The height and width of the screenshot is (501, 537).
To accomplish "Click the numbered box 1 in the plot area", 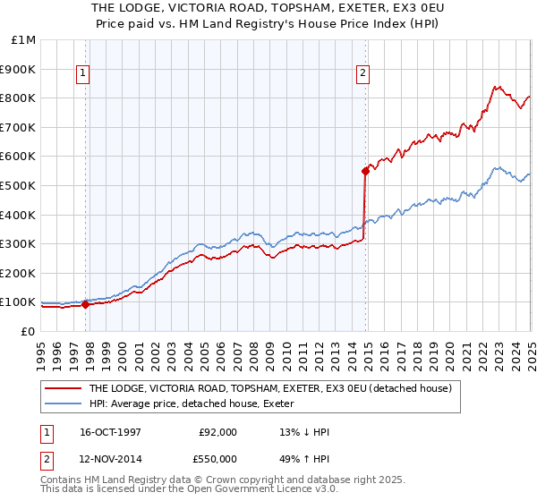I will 82,74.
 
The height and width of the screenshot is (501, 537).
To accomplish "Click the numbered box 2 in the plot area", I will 363,74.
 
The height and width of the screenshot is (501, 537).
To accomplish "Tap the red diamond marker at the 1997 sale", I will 86,304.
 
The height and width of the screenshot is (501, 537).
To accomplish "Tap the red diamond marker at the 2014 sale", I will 365,170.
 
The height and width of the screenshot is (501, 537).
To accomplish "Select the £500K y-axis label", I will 20,185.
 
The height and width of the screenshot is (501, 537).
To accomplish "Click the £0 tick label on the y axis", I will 28,331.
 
